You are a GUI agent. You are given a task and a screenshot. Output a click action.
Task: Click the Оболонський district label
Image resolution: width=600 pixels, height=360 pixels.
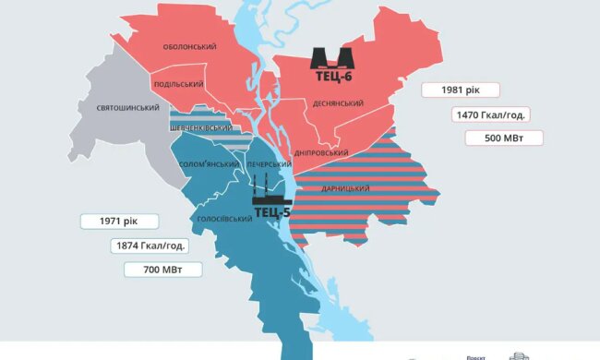pos(190,46)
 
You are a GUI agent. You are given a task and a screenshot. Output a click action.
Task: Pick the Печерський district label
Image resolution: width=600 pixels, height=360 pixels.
pos(270,163)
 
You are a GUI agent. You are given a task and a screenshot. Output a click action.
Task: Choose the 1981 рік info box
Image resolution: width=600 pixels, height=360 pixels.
pos(461,90)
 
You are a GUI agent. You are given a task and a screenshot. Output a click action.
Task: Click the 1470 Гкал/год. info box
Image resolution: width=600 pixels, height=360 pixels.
pos(490,114)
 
